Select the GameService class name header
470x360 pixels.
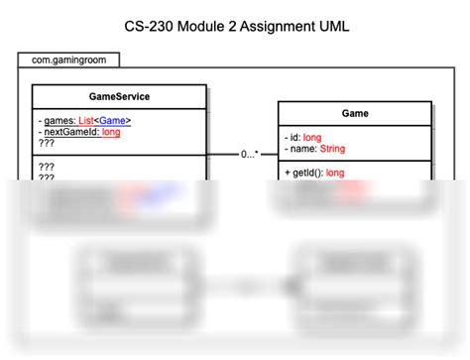119,96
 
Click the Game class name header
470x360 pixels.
355,113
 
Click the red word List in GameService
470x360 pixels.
90,120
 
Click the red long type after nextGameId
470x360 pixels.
110,131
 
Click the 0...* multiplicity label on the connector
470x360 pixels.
250,155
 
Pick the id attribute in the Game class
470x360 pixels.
294,137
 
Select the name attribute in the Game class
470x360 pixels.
301,148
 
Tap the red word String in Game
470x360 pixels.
333,148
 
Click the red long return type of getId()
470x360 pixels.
335,172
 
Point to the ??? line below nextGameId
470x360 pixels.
46,142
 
